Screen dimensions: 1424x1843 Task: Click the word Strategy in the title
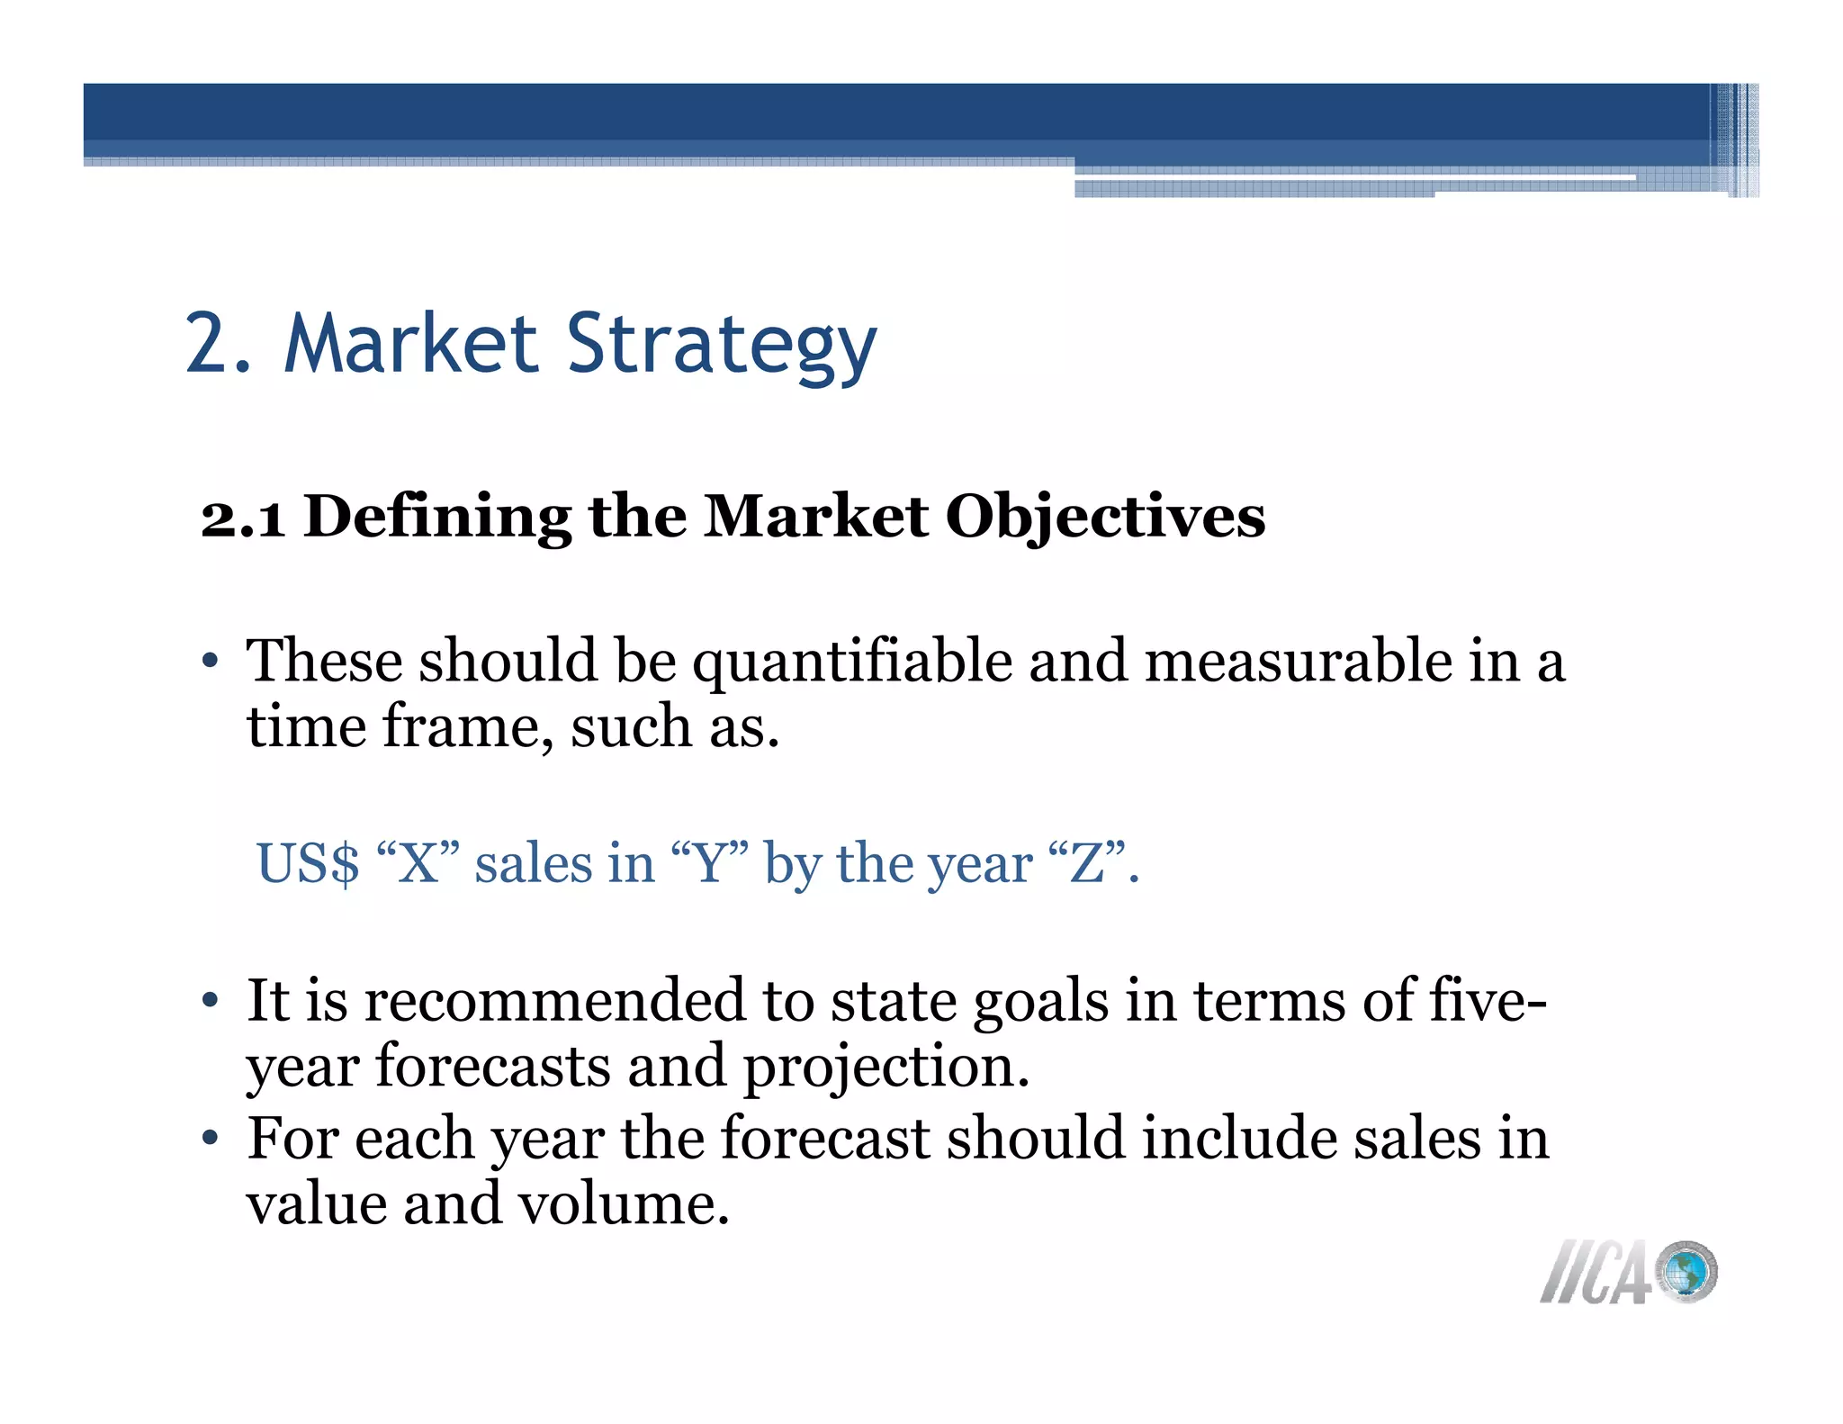point(721,346)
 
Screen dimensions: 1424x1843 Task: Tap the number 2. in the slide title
point(218,344)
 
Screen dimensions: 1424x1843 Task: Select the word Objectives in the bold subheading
point(1105,518)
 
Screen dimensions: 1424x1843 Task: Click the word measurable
point(1298,661)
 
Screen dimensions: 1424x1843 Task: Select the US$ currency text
point(308,864)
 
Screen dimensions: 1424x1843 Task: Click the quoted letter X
point(418,864)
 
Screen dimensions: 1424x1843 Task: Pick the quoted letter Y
point(710,864)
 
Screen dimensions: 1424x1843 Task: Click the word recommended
point(554,1001)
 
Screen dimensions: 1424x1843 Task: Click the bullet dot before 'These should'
point(211,662)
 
